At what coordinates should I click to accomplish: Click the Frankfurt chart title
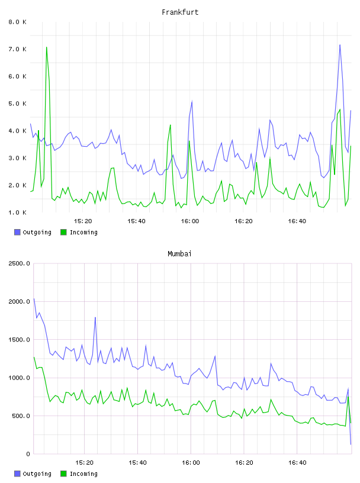[x=180, y=12]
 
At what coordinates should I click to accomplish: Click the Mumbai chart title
[x=179, y=254]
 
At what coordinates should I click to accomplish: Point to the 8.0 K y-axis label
[x=18, y=22]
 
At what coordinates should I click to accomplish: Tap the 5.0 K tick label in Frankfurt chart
[x=18, y=104]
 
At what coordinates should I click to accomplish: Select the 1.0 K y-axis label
[x=18, y=212]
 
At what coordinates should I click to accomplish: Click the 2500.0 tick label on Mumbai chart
[x=19, y=263]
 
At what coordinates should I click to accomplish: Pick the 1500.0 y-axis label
[x=19, y=340]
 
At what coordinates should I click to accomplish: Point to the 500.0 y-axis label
[x=21, y=416]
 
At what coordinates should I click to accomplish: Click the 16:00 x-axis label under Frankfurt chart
[x=190, y=221]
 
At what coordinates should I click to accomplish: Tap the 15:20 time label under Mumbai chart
[x=84, y=463]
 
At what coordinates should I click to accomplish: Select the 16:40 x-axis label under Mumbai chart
[x=297, y=463]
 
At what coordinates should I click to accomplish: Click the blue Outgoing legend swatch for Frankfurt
[x=17, y=232]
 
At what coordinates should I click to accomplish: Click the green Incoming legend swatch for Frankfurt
[x=63, y=232]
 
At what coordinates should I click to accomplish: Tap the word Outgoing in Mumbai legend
[x=37, y=474]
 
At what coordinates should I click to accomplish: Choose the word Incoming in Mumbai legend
[x=83, y=474]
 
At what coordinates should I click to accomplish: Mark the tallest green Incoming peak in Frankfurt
[x=47, y=47]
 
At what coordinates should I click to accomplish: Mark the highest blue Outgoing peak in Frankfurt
[x=340, y=45]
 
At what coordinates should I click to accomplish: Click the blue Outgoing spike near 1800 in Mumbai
[x=95, y=317]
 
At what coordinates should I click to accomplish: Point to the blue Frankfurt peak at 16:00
[x=192, y=101]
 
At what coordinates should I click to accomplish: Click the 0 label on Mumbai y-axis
[x=28, y=454]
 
